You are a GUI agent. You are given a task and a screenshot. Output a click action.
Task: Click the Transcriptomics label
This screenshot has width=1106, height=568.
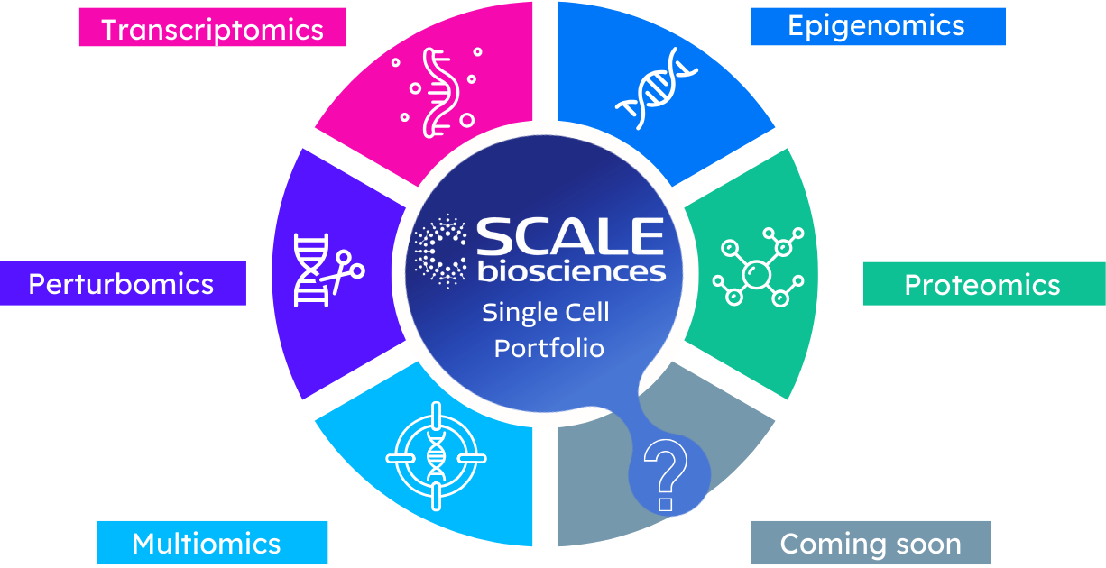[x=212, y=28]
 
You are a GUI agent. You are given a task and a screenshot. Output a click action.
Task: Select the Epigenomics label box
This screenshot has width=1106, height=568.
[x=877, y=26]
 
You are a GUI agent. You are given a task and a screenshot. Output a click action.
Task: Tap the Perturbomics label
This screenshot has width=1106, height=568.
[x=122, y=284]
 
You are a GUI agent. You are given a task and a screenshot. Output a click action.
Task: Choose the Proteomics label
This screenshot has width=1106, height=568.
[x=982, y=285]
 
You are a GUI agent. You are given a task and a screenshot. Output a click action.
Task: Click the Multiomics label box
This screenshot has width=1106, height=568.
[x=207, y=544]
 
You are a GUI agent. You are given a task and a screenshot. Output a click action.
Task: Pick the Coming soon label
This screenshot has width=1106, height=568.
[x=871, y=544]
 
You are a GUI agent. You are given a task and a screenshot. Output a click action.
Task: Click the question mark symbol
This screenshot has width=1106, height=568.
[x=666, y=475]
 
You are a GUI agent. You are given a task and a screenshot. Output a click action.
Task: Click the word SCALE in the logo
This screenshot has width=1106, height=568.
[x=569, y=236]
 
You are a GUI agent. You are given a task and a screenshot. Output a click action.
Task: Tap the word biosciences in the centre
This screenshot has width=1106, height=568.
[x=571, y=270]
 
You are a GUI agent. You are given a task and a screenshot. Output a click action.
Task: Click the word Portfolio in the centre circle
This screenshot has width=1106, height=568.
[x=548, y=347]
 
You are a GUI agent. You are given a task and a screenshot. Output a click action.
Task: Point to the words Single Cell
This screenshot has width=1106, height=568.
[x=546, y=313]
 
